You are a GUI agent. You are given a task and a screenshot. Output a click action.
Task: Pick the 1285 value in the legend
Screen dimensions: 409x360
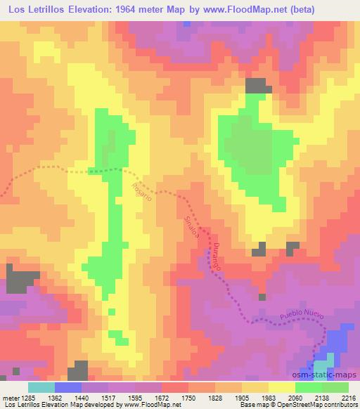click(28, 397)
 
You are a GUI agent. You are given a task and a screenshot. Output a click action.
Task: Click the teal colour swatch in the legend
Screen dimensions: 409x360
click(41, 387)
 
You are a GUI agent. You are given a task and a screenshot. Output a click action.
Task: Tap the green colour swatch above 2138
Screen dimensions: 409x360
click(309, 387)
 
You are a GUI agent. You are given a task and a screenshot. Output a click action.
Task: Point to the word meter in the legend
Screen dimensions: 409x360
click(10, 397)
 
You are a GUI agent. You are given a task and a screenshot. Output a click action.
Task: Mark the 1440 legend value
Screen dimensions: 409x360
click(82, 397)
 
